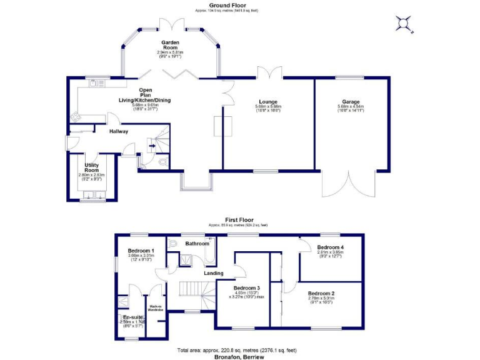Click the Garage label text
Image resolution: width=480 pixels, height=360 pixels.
click(x=351, y=101)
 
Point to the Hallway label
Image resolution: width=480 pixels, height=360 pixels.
click(x=119, y=131)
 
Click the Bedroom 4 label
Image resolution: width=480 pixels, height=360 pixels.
click(x=329, y=247)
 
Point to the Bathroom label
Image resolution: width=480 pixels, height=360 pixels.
click(x=197, y=243)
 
